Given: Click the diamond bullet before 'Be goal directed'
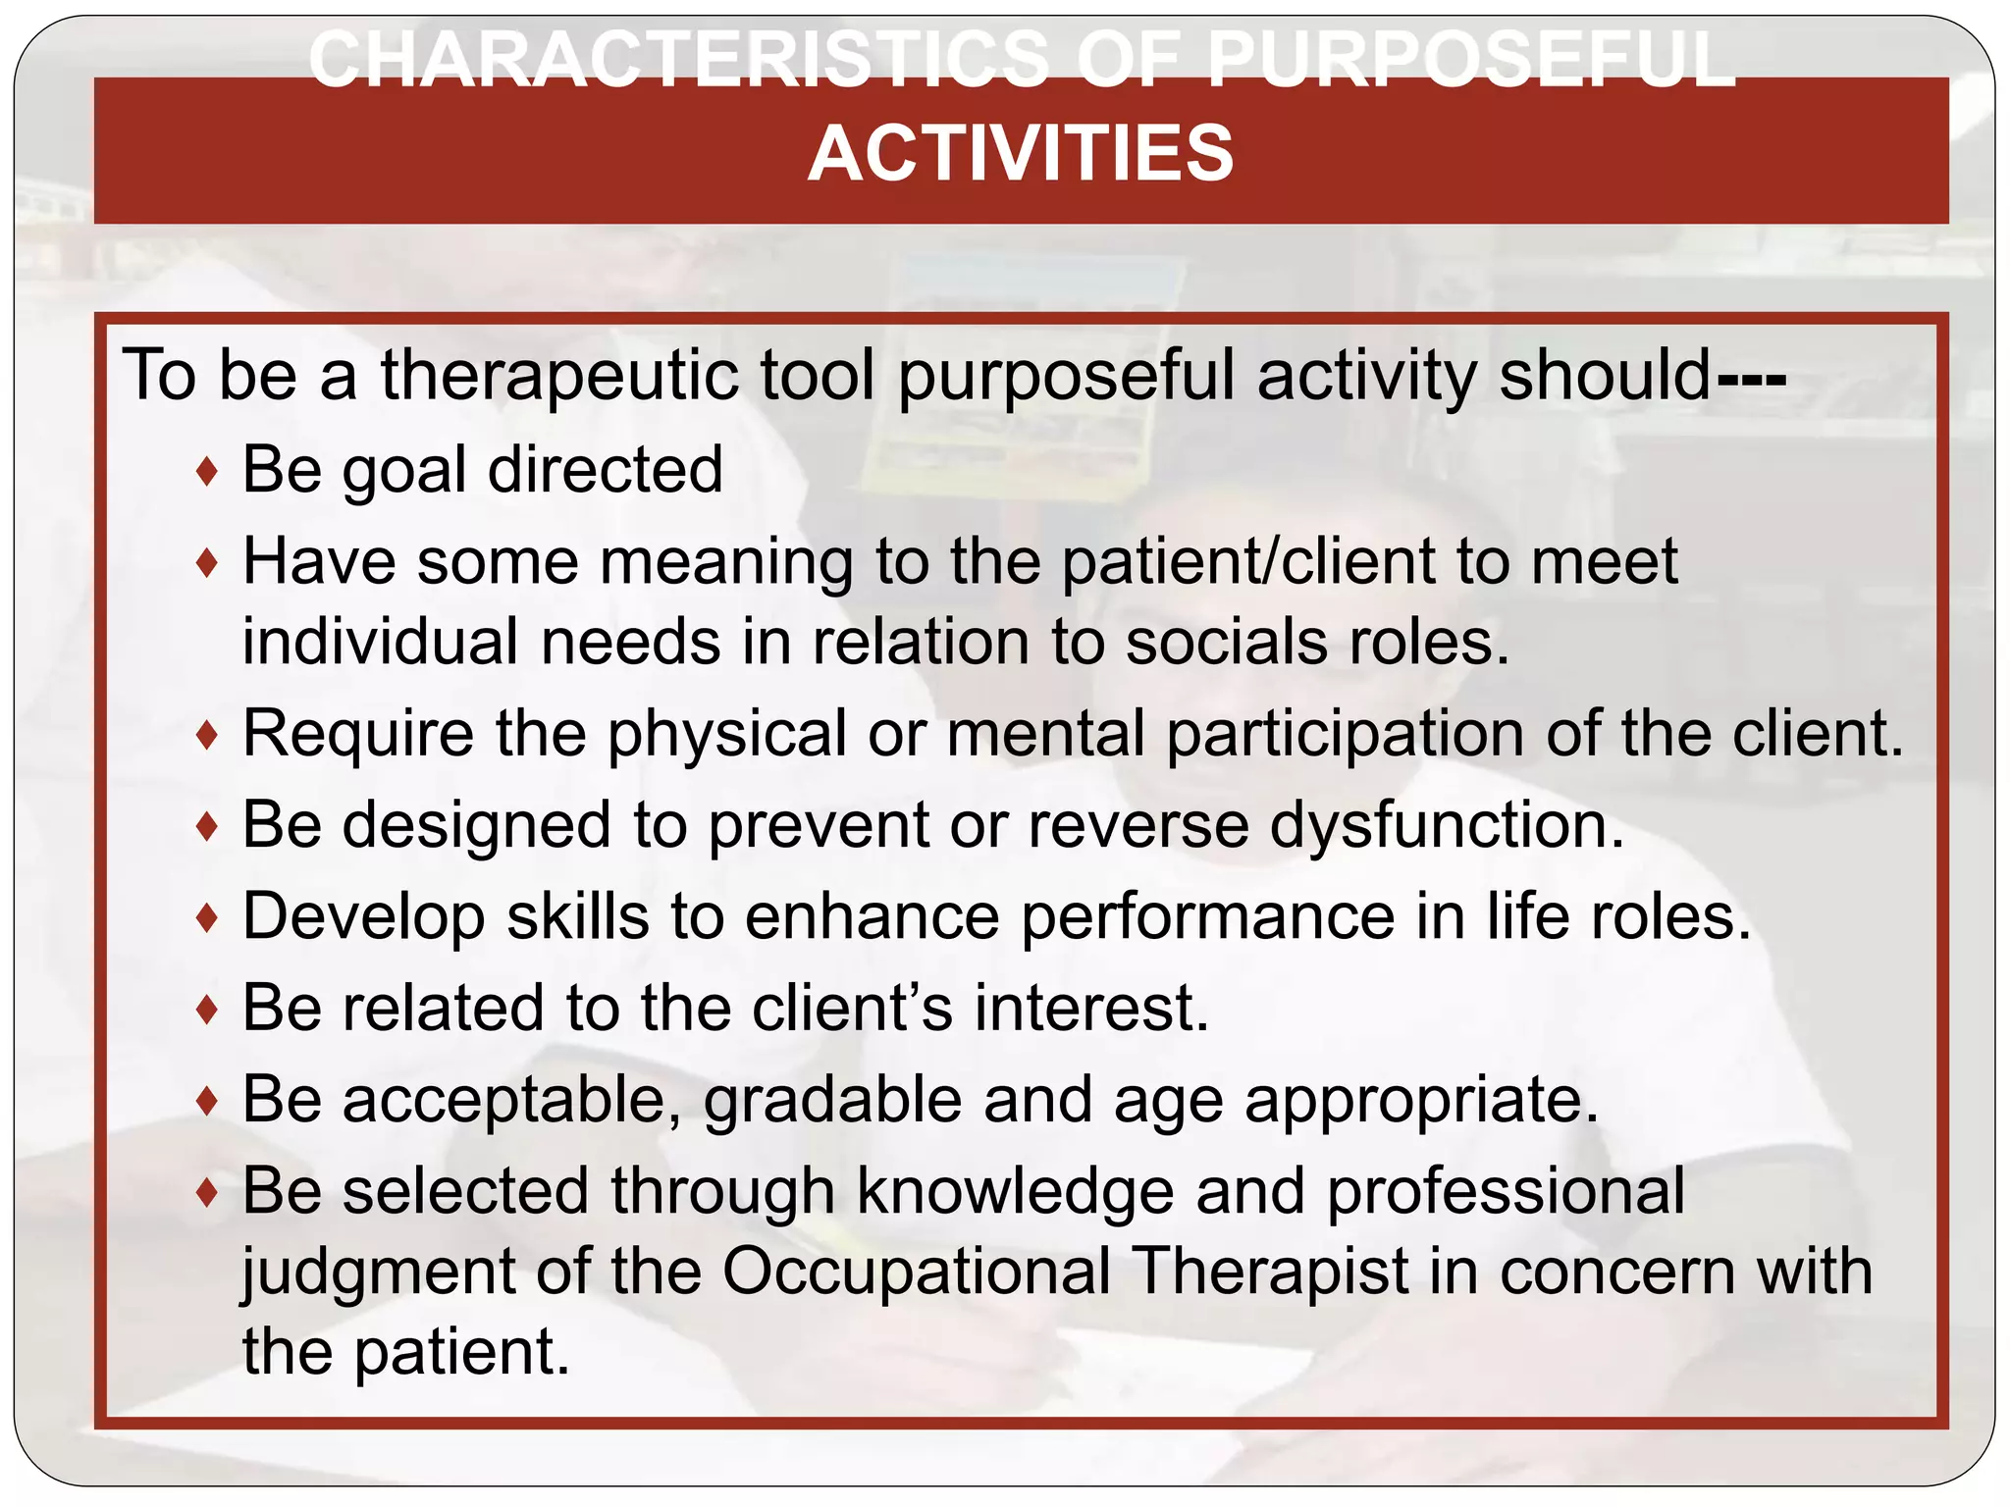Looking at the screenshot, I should pyautogui.click(x=206, y=472).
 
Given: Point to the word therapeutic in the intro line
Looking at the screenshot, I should pyautogui.click(x=558, y=376).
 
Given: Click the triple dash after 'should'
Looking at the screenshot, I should pyautogui.click(x=1752, y=376).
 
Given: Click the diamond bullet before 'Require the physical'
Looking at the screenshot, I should pyautogui.click(x=206, y=735).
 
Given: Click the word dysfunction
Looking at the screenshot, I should pyautogui.click(x=1447, y=825).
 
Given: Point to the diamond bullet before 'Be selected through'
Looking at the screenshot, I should pyautogui.click(x=206, y=1193).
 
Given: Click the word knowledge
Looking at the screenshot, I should pyautogui.click(x=1015, y=1191).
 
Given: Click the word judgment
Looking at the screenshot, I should pyautogui.click(x=378, y=1273).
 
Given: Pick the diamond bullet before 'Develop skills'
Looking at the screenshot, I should pyautogui.click(x=206, y=918).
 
